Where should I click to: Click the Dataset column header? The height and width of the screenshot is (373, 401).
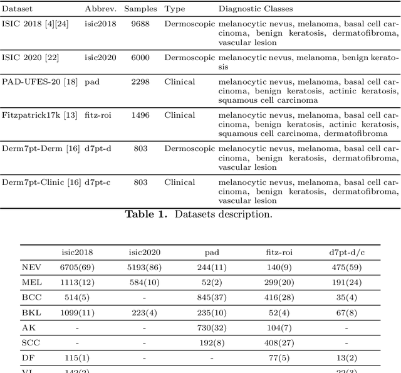click(17, 9)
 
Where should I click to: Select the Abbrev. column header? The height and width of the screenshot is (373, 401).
click(100, 9)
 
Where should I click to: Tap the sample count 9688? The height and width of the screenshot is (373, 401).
click(140, 24)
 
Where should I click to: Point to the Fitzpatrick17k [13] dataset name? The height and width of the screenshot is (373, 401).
click(39, 115)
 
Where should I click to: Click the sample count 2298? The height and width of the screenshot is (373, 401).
click(140, 81)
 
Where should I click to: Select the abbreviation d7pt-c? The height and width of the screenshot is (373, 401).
click(98, 182)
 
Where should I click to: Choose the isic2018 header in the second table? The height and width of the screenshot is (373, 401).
click(76, 253)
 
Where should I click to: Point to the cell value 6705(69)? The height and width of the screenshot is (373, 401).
click(76, 268)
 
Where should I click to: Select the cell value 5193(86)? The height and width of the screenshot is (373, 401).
click(144, 268)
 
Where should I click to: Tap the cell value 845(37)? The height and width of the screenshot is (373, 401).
click(212, 297)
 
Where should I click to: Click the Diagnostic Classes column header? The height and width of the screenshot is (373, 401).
click(255, 9)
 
